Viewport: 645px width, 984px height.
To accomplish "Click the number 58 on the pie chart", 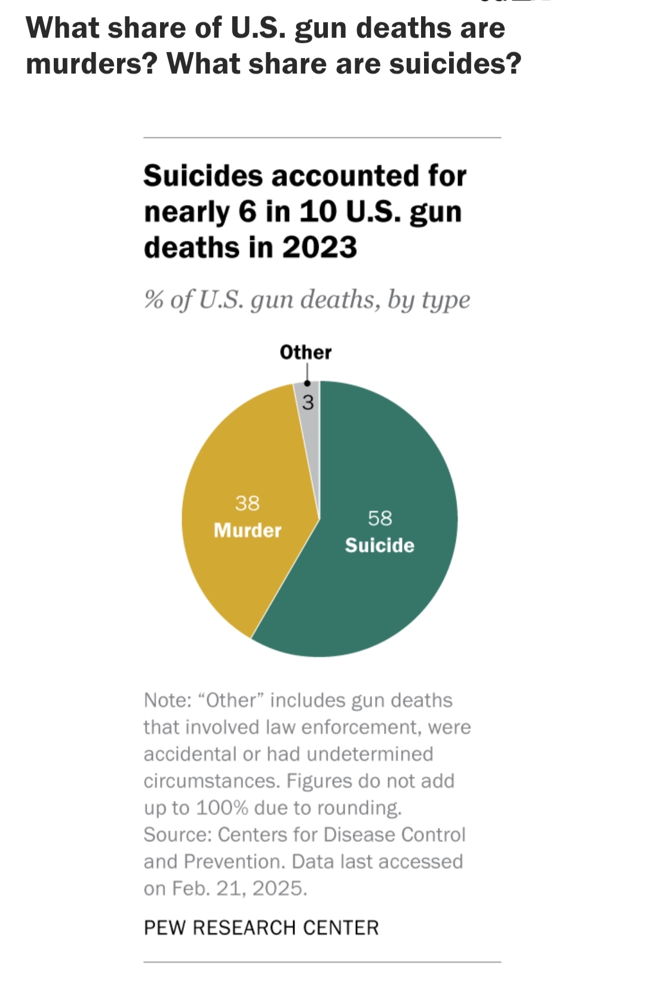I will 380,518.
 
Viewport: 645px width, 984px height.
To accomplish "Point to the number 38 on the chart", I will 247,503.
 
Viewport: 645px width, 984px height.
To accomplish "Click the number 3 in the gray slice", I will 308,403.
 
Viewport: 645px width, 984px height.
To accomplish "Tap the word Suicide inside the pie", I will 379,545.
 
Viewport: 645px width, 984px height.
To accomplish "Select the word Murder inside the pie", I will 247,531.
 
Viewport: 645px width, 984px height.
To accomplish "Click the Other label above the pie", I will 305,352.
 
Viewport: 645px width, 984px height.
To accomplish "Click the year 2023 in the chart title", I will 320,247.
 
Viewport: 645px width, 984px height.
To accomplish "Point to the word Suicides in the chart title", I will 203,176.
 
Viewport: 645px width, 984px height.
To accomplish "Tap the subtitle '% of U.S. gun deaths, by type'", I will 306,299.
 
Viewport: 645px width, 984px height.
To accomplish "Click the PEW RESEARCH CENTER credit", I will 261,928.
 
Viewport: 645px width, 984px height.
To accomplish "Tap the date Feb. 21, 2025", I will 239,888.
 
